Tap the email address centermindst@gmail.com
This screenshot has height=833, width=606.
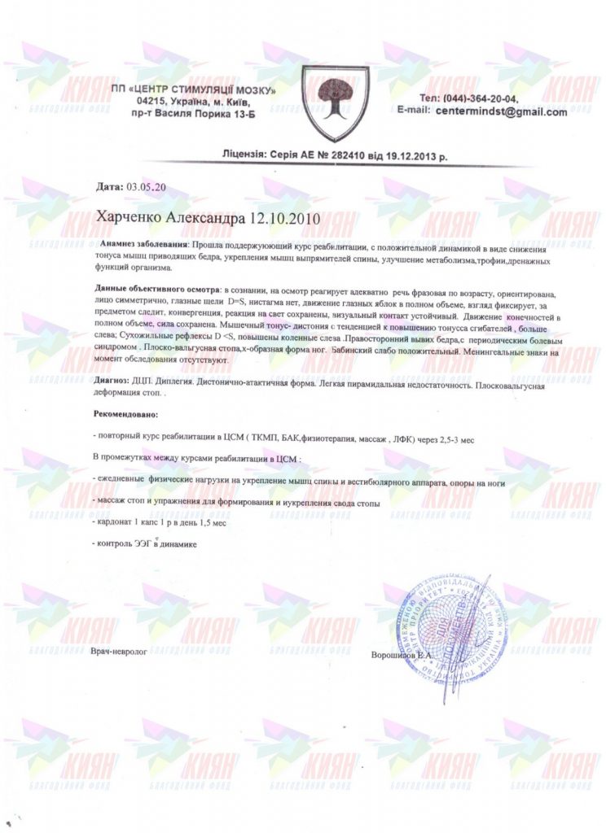(x=501, y=112)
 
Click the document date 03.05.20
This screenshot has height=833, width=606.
(x=147, y=187)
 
